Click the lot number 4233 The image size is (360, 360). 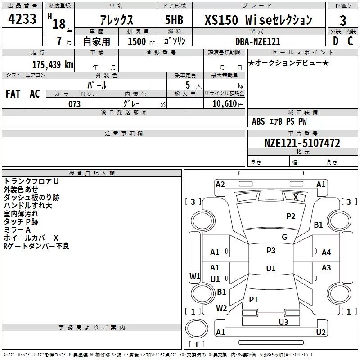click(22, 19)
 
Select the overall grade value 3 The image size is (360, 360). click(343, 20)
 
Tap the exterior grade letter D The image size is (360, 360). click(336, 41)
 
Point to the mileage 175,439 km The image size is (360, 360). click(53, 64)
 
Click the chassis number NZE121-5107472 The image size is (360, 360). click(302, 143)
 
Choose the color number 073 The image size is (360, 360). click(74, 104)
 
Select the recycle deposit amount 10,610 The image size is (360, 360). click(224, 103)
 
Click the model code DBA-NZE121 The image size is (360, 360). click(258, 41)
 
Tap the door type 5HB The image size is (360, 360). click(174, 20)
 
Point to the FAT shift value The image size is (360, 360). click(13, 94)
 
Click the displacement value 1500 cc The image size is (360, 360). click(141, 41)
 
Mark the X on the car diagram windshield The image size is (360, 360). click(296, 197)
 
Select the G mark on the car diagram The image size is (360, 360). click(284, 237)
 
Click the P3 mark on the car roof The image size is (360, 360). click(271, 250)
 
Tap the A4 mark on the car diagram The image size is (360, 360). click(326, 252)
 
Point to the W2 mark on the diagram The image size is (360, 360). click(221, 308)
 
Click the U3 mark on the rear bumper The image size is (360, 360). click(283, 322)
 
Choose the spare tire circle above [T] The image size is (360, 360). click(197, 328)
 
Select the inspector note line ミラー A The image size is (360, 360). click(17, 230)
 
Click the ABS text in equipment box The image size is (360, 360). click(258, 121)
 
